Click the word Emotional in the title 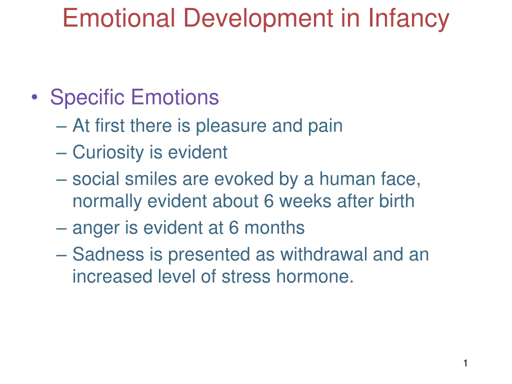click(119, 18)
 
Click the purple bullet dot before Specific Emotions click(34, 97)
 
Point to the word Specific click(87, 97)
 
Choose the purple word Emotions click(175, 97)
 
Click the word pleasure click(231, 126)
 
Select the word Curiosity click(108, 153)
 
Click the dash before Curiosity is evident click(61, 153)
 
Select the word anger click(95, 228)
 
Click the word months click(274, 227)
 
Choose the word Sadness click(108, 254)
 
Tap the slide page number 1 click(465, 363)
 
